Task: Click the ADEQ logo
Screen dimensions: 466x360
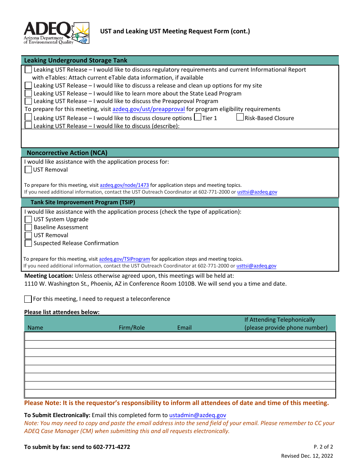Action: (x=56, y=33)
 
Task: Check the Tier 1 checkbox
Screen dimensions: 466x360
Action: (x=197, y=117)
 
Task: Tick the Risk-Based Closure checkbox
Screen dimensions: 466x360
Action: (x=240, y=117)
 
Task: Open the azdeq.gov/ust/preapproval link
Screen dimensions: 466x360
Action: (x=149, y=109)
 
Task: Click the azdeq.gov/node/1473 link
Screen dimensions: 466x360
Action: (x=124, y=185)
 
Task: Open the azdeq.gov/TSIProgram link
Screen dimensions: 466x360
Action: (x=124, y=259)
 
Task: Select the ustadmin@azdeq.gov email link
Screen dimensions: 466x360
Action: (x=197, y=415)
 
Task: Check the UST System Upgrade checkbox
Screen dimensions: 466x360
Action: (x=28, y=219)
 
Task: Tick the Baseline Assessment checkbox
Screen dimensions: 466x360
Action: (x=28, y=227)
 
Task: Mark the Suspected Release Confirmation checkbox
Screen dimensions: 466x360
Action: (x=28, y=243)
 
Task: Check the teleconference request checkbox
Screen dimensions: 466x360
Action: (x=28, y=299)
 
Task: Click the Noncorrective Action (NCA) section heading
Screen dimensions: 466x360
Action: (x=67, y=153)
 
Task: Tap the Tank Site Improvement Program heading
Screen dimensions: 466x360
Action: (x=83, y=202)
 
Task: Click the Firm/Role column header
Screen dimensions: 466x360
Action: (x=131, y=328)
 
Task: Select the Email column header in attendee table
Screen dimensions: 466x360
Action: (x=184, y=328)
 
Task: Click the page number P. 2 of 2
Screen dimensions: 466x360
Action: (x=323, y=447)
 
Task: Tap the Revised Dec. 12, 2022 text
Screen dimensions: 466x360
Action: (x=307, y=456)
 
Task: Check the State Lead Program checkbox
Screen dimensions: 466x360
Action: (x=28, y=93)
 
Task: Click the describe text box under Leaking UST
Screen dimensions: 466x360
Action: (x=180, y=138)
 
